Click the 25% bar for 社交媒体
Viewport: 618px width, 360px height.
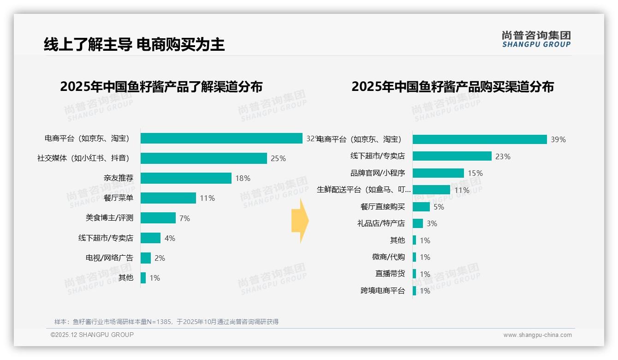pos(203,158)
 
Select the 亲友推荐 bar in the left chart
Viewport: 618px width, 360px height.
pos(185,178)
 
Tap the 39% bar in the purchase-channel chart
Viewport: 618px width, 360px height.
pos(479,139)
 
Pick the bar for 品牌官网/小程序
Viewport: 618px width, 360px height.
pos(438,173)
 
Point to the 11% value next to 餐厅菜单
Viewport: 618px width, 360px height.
pos(207,198)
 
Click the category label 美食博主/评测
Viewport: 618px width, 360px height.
pos(109,218)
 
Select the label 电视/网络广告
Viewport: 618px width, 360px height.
pos(109,258)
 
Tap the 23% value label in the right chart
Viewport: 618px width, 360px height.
pos(503,156)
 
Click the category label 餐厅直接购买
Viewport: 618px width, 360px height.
pos(382,207)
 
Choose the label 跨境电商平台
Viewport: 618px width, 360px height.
pos(382,291)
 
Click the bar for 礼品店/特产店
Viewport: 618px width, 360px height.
pos(417,223)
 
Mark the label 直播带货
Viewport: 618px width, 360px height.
pos(390,274)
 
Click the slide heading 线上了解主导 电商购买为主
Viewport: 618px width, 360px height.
pos(134,45)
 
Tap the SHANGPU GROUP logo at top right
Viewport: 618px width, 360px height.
pos(536,39)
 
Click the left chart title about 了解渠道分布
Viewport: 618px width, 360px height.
pos(161,87)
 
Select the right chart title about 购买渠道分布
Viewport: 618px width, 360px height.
pos(452,87)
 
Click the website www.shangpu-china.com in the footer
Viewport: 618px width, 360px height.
pos(537,335)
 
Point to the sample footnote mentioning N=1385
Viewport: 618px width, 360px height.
pos(166,322)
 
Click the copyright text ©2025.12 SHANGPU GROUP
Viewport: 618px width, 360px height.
pos(92,335)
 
